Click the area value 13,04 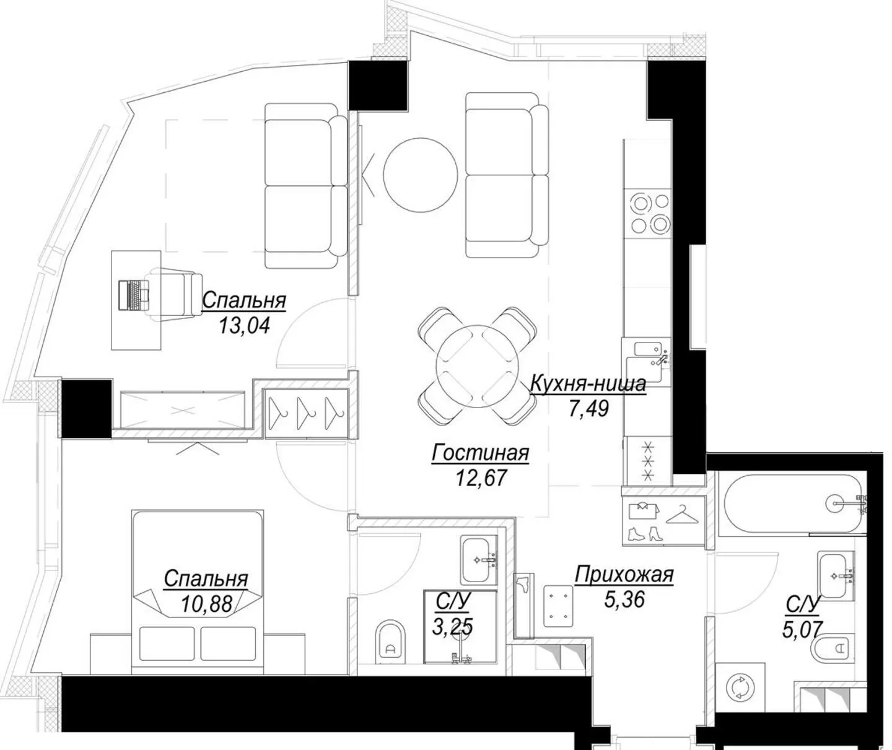click(x=244, y=325)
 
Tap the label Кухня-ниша click(x=588, y=384)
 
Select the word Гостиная click(x=480, y=453)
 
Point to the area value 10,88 click(x=206, y=603)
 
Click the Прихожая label click(x=624, y=575)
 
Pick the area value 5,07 click(x=802, y=629)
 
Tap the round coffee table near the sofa click(x=420, y=174)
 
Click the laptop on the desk click(x=134, y=294)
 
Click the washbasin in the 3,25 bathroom click(x=478, y=560)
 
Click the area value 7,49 click(x=588, y=408)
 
